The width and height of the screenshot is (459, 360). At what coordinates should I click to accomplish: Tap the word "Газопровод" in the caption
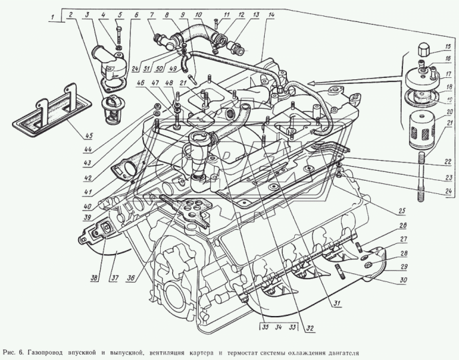(x=52, y=351)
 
